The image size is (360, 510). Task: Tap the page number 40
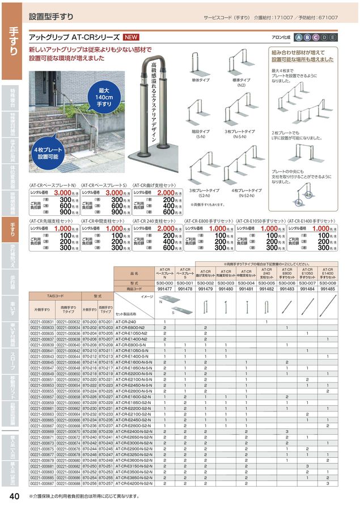coord(15,496)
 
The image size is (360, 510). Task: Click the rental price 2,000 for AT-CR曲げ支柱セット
coord(169,193)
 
